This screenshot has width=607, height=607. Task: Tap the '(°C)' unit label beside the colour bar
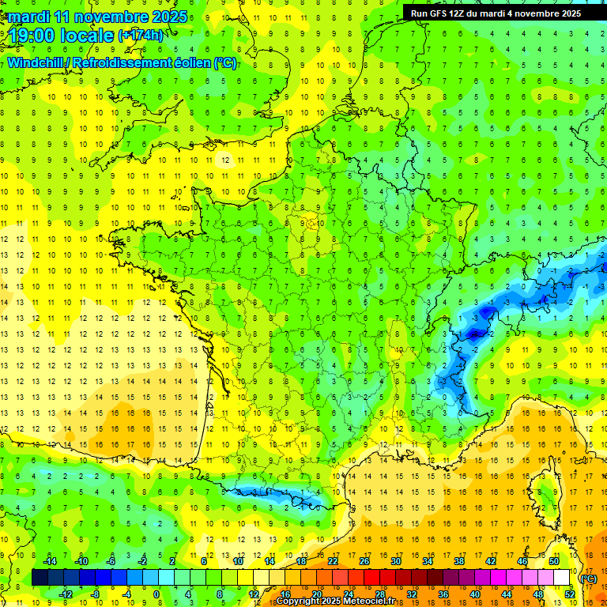pos(588,579)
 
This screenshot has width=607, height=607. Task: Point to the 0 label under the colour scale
pos(156,594)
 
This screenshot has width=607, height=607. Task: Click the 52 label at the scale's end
pos(570,594)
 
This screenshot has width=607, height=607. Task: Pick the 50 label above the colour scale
pos(554,561)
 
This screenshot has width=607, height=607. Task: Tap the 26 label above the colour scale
pos(364,561)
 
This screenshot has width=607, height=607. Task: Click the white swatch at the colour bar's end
pos(562,578)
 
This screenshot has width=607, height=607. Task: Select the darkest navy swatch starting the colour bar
pos(40,578)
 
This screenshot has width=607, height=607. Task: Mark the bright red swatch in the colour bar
pos(372,578)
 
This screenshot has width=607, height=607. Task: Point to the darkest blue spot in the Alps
pos(473,334)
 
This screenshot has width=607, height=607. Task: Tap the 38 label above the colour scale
pos(458,561)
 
